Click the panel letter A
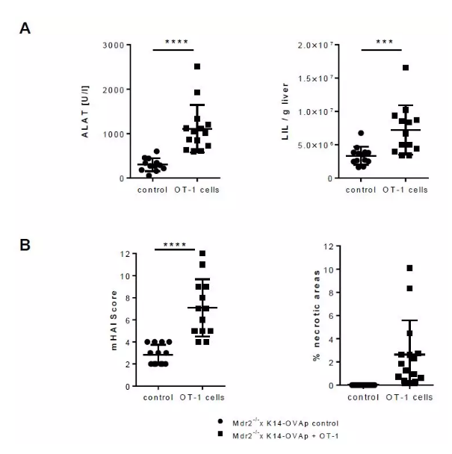pos(25,28)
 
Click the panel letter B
pos(25,244)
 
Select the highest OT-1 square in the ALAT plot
pos(197,66)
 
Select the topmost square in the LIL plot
pos(406,68)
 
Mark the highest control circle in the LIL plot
pos(361,133)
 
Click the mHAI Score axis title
pos(114,320)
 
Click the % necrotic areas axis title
pos(316,316)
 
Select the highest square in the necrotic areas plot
pos(409,268)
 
